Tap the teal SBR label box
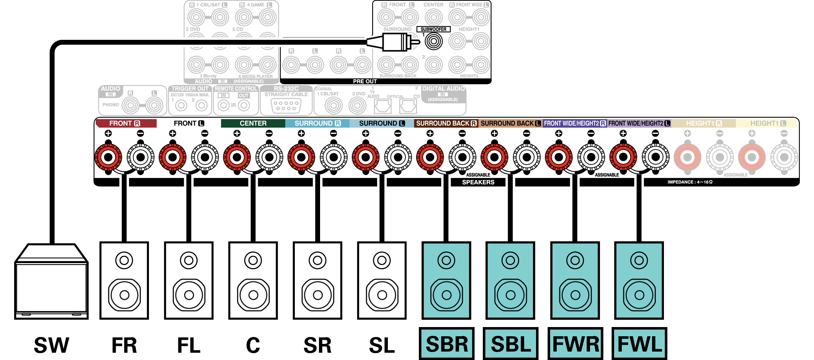[x=446, y=344]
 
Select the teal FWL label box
[x=639, y=344]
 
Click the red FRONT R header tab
[x=126, y=123]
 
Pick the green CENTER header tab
[x=253, y=123]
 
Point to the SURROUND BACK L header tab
[x=510, y=123]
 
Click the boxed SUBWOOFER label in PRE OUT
[x=433, y=29]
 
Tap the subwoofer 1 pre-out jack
[x=434, y=41]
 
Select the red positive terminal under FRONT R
[x=108, y=157]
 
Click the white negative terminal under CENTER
[x=269, y=157]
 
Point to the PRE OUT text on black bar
[x=365, y=81]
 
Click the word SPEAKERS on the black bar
[x=478, y=182]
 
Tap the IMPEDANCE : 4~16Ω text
[x=690, y=182]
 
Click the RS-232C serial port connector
[x=286, y=106]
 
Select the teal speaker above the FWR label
[x=575, y=280]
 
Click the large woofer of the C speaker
[x=253, y=295]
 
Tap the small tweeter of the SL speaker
[x=382, y=261]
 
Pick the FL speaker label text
[x=189, y=345]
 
